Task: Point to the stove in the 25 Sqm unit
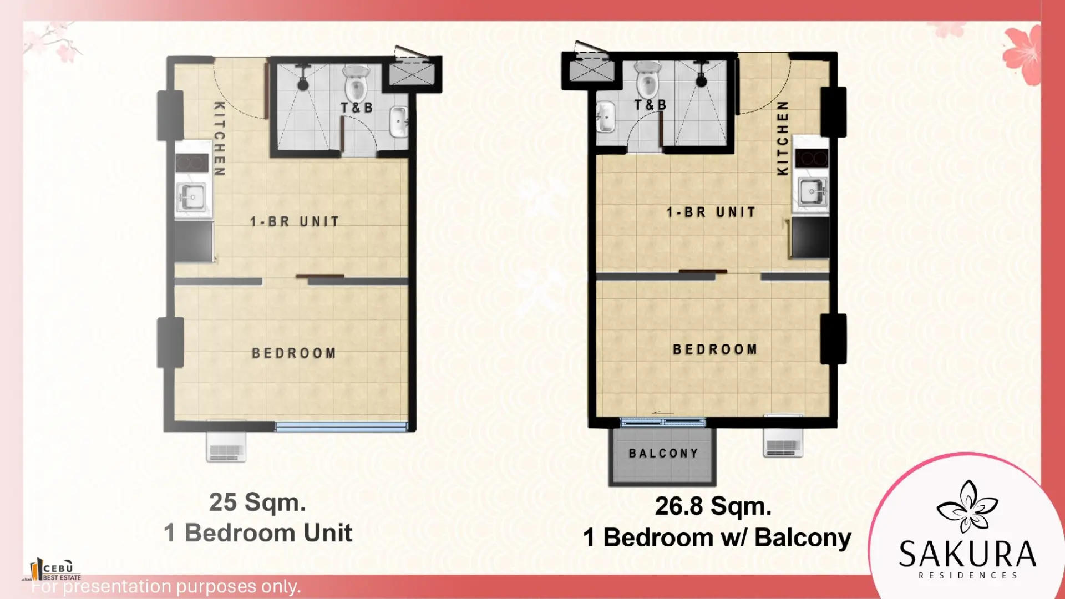point(192,163)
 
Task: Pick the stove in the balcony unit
point(812,158)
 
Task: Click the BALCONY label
point(663,453)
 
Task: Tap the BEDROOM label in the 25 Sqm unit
point(294,353)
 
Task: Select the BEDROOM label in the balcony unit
point(715,349)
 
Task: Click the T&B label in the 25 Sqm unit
point(357,108)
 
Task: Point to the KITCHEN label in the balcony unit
point(782,138)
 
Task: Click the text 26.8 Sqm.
point(713,506)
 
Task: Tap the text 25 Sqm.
point(257,502)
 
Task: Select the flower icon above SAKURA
point(967,506)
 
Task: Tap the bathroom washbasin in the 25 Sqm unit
point(399,121)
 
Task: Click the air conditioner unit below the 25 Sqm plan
point(226,447)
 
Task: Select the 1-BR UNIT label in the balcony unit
point(711,212)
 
